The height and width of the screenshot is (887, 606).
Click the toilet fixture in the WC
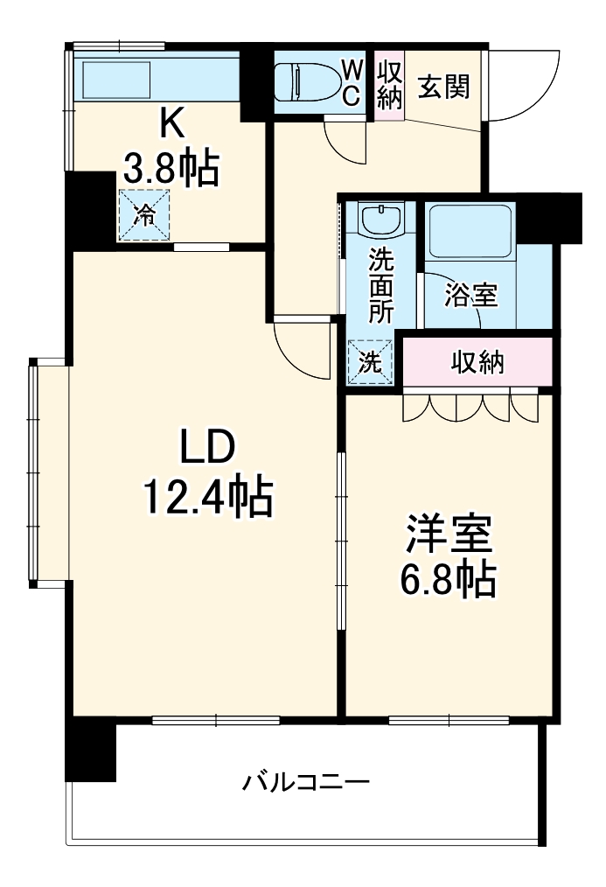coord(303,84)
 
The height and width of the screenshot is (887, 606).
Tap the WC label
coord(350,81)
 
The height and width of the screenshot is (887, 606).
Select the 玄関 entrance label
coord(443,86)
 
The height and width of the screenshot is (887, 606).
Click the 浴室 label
coord(470,296)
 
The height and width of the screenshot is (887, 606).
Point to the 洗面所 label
coord(380,285)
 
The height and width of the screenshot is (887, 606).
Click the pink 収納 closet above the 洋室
coord(477,362)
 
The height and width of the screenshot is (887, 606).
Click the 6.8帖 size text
coord(449,579)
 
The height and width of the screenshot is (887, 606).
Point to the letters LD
coord(207,448)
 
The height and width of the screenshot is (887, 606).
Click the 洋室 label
coord(449,534)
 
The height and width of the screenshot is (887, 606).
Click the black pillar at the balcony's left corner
coord(91,751)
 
